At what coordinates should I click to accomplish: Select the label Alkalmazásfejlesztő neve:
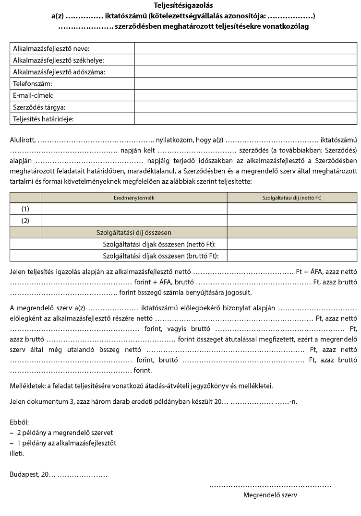coord(51,49)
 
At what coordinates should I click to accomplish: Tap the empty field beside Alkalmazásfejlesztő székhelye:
coord(245,60)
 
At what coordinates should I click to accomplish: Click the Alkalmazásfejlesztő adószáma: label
coord(59,72)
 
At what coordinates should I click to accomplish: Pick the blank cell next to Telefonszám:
coord(245,84)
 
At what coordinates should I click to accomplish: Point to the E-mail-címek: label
coord(34,95)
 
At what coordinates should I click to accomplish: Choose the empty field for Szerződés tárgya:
coord(245,107)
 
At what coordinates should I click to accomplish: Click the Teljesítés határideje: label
coord(44,119)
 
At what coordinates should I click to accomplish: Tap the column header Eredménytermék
coord(134,198)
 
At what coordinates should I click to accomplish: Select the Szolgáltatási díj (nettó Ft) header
coord(292,198)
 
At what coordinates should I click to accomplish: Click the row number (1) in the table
coord(25,209)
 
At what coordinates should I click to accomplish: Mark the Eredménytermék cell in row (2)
coord(134,221)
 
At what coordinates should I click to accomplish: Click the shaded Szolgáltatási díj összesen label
coord(134,233)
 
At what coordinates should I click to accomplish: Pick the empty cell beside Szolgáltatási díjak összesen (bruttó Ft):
coord(292,256)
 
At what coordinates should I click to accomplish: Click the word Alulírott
coord(22,141)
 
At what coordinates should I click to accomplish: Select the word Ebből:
coord(19,422)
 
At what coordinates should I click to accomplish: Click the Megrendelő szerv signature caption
coord(270,495)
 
